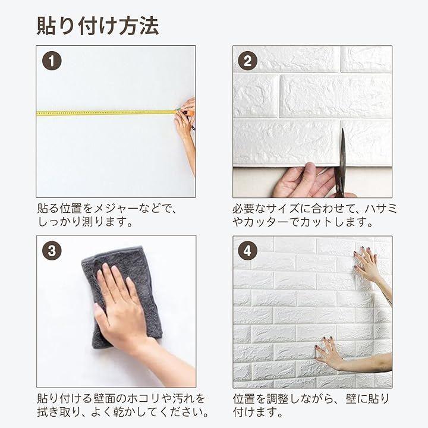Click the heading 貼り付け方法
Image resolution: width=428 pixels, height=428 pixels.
pyautogui.click(x=97, y=26)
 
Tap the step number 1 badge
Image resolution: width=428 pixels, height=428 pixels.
pyautogui.click(x=52, y=61)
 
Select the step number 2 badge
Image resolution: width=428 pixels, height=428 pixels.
pyautogui.click(x=247, y=61)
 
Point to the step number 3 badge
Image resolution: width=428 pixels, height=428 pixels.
pyautogui.click(x=52, y=251)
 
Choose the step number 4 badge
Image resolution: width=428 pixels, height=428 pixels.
pyautogui.click(x=247, y=251)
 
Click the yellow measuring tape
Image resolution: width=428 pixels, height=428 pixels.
pyautogui.click(x=106, y=113)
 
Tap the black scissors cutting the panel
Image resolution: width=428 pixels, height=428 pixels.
pyautogui.click(x=341, y=164)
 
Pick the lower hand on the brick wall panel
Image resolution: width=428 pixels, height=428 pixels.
pyautogui.click(x=329, y=352)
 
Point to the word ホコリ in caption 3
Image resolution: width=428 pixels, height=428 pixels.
pyautogui.click(x=144, y=398)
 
